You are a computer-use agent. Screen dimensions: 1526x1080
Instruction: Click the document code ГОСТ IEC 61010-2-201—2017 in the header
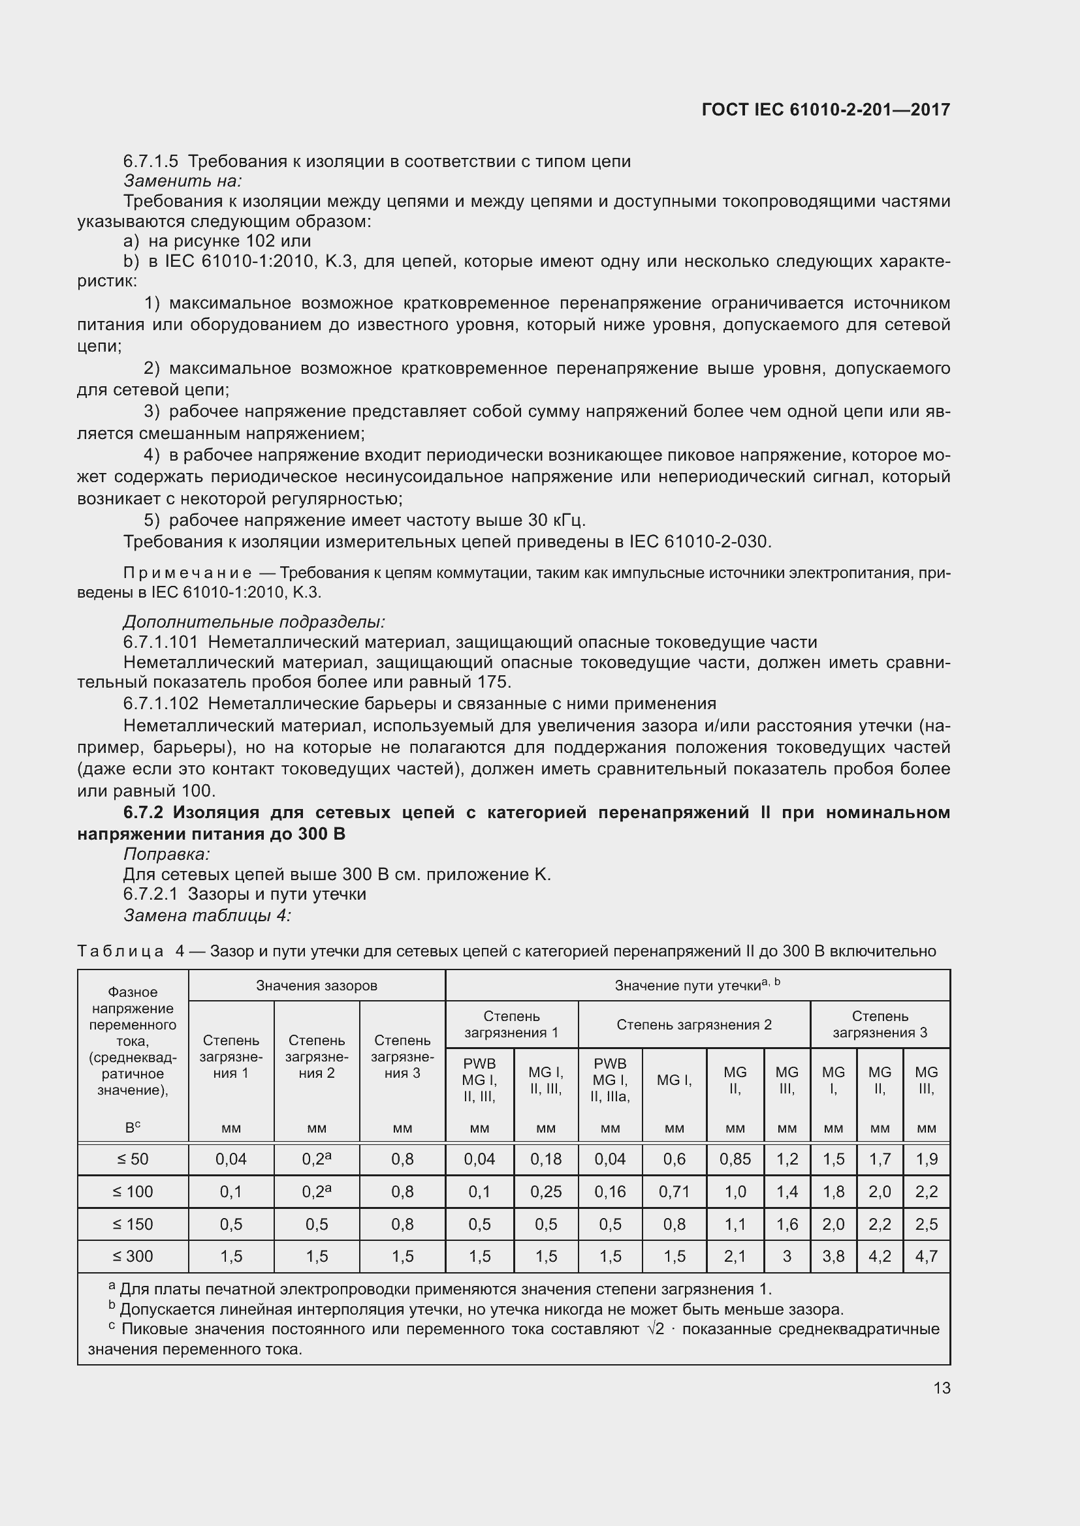[825, 110]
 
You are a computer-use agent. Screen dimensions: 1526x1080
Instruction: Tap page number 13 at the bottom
[942, 1388]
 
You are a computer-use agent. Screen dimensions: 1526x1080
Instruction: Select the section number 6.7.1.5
[150, 162]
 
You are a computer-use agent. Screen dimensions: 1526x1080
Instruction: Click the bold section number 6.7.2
[144, 812]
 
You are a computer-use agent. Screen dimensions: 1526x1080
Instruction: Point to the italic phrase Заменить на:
[182, 181]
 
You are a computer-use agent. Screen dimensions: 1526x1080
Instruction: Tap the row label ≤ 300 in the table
[133, 1256]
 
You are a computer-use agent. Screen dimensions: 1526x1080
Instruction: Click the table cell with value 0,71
[674, 1192]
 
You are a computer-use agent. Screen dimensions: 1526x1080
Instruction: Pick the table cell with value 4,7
[926, 1256]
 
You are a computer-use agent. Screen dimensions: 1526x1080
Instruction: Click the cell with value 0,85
[735, 1159]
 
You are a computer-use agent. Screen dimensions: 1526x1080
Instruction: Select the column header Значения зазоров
[317, 986]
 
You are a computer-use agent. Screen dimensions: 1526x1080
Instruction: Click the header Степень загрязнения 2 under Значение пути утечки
[693, 1024]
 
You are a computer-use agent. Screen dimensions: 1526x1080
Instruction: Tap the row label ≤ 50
[133, 1159]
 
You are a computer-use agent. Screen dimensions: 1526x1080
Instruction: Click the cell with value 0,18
[545, 1159]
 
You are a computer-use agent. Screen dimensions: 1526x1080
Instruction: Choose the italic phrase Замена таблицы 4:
[208, 916]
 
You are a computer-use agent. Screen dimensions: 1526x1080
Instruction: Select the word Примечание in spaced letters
[187, 573]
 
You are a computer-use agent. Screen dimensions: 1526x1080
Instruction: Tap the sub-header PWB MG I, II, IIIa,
[610, 1080]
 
